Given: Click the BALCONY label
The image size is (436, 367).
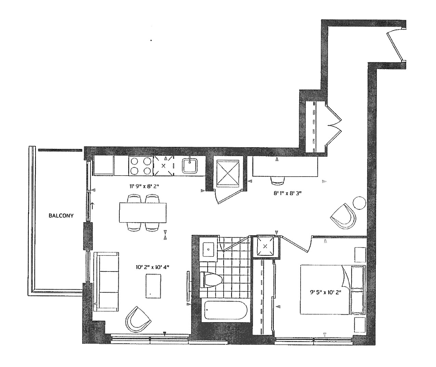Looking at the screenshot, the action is click(x=61, y=216).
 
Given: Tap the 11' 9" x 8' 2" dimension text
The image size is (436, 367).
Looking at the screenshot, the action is click(x=144, y=186).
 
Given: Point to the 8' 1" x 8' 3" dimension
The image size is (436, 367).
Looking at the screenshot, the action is click(x=288, y=193).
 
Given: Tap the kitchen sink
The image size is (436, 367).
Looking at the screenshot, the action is click(x=190, y=166).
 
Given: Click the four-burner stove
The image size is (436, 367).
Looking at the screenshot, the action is click(x=141, y=166).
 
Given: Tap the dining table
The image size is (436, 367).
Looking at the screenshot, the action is click(x=143, y=213).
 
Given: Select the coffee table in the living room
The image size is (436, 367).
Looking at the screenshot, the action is click(x=153, y=286).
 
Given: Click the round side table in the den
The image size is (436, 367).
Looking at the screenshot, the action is click(x=359, y=203).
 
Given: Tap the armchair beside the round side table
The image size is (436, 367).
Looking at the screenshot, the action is click(x=343, y=217).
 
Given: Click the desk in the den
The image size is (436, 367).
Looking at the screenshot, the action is click(x=285, y=167).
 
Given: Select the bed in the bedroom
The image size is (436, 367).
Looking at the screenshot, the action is click(x=333, y=289).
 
